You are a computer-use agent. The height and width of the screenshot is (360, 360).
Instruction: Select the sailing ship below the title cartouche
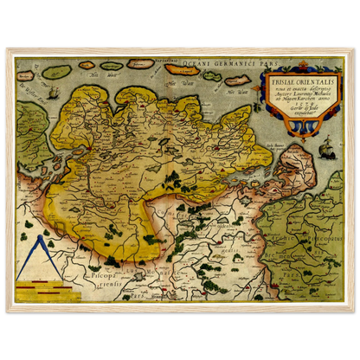point(326,151)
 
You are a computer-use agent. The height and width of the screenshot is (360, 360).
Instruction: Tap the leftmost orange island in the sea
point(141,63)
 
